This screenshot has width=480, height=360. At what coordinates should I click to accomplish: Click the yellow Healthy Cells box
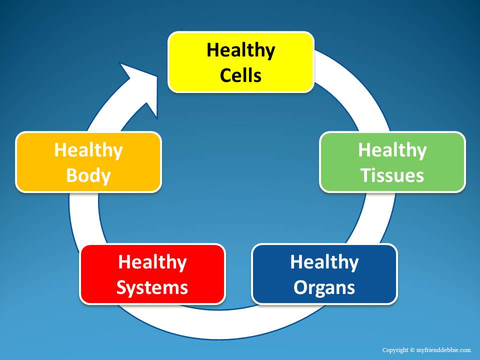click(241, 62)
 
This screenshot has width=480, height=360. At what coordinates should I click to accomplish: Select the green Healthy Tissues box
click(392, 162)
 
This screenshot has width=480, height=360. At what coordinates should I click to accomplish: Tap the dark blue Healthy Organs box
click(324, 274)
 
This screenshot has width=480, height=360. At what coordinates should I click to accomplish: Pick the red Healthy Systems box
click(152, 274)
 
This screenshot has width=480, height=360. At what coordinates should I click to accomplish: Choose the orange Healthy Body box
click(88, 162)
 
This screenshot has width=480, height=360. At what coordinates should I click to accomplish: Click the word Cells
click(240, 75)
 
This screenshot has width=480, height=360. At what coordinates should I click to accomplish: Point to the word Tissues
click(392, 175)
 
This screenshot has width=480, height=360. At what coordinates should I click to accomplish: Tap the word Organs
click(324, 288)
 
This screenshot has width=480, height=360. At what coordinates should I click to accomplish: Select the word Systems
click(152, 288)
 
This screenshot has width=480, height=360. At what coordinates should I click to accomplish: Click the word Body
click(88, 176)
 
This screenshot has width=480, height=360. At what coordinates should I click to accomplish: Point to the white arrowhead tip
click(156, 77)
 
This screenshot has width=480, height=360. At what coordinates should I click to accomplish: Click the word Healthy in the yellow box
click(241, 50)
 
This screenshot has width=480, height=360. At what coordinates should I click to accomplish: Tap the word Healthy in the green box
click(392, 150)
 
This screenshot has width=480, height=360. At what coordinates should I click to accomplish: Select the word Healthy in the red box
click(152, 262)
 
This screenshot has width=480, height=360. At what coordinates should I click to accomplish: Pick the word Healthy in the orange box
click(88, 150)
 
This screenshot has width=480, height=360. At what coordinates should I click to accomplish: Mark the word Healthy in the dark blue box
click(324, 262)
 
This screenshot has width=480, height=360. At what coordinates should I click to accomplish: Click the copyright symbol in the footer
click(412, 350)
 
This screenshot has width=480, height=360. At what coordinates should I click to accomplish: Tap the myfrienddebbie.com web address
click(443, 350)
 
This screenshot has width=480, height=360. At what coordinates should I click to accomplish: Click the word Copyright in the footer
click(395, 350)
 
